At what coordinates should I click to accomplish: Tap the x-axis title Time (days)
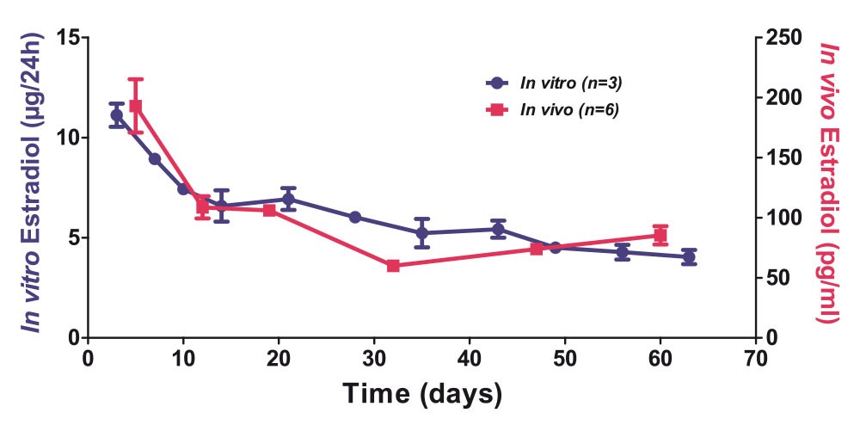pos(422,393)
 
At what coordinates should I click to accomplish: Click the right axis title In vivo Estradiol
pos(828,182)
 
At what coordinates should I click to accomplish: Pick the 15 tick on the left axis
pos(69,38)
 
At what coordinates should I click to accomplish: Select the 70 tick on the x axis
pos(755,357)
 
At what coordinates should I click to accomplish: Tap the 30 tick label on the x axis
pos(374,357)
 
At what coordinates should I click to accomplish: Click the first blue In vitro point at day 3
pos(116,114)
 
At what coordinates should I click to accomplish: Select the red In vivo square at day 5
pos(135,106)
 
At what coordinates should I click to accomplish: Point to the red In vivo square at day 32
pos(393,266)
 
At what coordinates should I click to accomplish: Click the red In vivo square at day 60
pos(660,235)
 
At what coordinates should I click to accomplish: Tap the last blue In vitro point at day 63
pos(689,257)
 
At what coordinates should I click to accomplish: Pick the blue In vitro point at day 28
pos(354,217)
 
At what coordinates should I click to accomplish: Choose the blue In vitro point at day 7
pos(155,158)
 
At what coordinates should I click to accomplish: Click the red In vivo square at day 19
pos(269,210)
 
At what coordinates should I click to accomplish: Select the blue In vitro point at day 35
pos(421,232)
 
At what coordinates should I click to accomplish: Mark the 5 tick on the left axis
pos(74,237)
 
